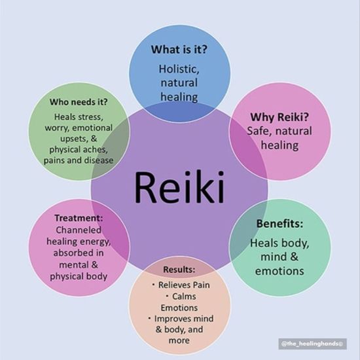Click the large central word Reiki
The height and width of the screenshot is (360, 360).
tap(179, 187)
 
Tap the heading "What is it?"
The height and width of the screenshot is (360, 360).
tap(179, 49)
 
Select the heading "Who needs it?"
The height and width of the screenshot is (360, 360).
tap(79, 101)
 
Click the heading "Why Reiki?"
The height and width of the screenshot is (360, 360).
tap(279, 117)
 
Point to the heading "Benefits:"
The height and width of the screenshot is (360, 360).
tap(279, 224)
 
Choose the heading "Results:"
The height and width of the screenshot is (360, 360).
tap(179, 270)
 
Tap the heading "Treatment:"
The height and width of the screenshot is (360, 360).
tap(79, 218)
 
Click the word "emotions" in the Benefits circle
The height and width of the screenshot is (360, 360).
tap(279, 271)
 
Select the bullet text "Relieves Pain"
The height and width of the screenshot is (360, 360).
tap(184, 285)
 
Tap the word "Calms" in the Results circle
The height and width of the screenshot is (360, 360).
tap(184, 297)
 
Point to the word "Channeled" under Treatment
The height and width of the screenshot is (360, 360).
tap(79, 230)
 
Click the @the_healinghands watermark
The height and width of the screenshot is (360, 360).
tap(312, 344)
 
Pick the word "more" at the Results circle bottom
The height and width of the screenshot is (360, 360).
tap(179, 341)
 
